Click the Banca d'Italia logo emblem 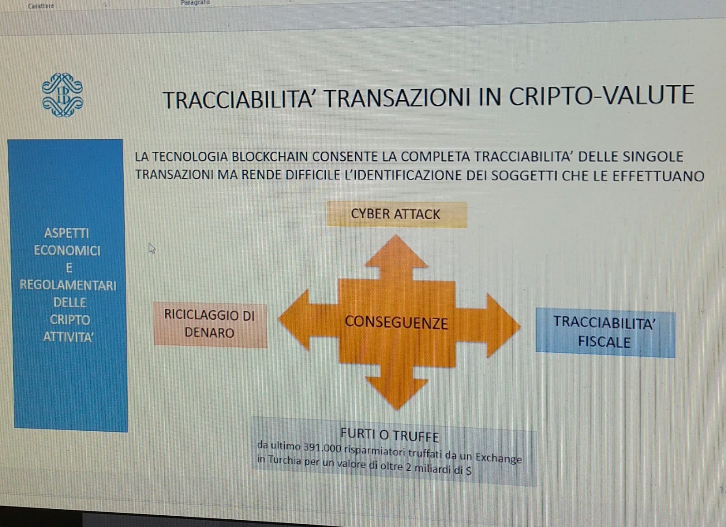coord(63,95)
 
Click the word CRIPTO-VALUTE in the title coord(601,96)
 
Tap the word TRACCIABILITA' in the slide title coord(238,100)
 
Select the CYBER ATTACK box coord(397,215)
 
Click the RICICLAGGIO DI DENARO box coord(210,325)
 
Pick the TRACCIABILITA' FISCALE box coord(605,332)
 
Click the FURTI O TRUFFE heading coord(390,436)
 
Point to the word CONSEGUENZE coord(396,322)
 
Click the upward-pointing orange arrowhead coord(396,251)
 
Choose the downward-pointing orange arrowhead coord(397,394)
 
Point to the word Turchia coord(284,460)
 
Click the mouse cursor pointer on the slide coord(152,249)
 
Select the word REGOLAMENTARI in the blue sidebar coord(68,285)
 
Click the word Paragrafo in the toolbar coord(195,3)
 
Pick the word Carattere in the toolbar coord(41,6)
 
